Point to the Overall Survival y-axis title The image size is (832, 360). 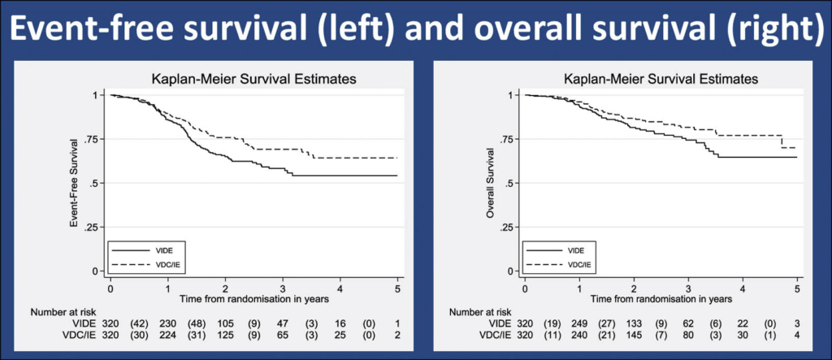pos(490,183)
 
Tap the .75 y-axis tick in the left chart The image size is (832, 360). pos(93,139)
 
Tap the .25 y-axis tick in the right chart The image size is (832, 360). pos(508,228)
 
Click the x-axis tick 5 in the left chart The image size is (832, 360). pos(397,287)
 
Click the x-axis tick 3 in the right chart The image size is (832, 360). pos(689,287)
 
